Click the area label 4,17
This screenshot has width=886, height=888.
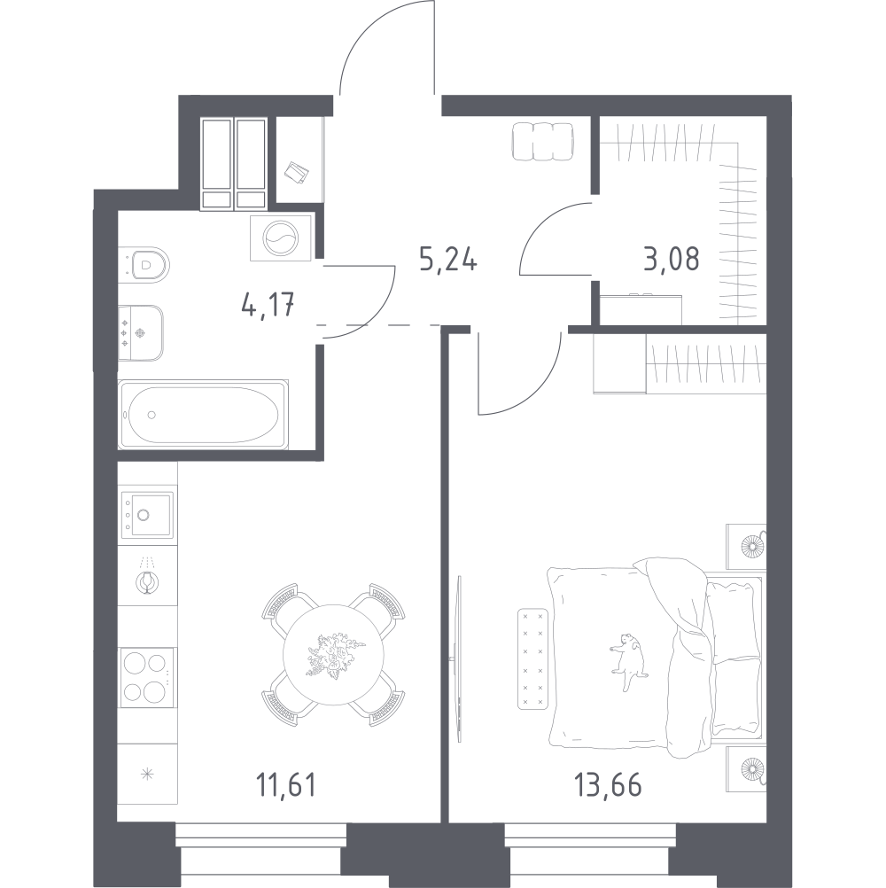tap(268, 307)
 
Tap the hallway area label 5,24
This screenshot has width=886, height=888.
tap(448, 260)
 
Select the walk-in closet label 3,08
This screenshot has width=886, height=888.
tap(672, 259)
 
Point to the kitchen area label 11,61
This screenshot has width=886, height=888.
tap(285, 785)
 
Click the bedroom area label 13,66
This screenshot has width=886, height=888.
tap(608, 785)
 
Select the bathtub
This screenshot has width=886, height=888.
tap(203, 415)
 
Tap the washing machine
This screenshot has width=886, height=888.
tap(282, 238)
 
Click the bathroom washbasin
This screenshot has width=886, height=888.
tap(140, 333)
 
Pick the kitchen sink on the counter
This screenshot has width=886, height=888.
tap(147, 514)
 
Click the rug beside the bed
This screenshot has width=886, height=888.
tap(533, 658)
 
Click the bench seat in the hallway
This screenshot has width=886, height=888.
tap(542, 142)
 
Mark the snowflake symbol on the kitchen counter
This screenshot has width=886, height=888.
tap(147, 774)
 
